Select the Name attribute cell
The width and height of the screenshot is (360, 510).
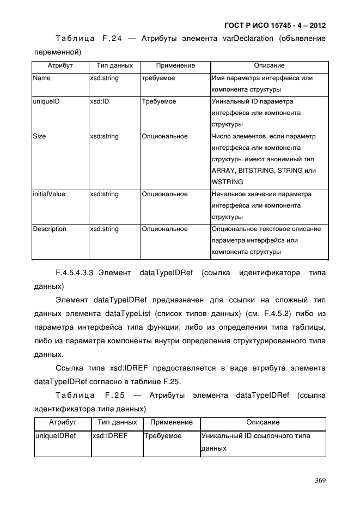pos(41,78)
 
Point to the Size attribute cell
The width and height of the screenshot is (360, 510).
pos(39,136)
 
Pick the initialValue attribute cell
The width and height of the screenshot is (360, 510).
pos(49,194)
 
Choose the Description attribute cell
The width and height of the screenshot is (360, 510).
pos(50,229)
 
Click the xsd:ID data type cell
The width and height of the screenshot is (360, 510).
pos(100,101)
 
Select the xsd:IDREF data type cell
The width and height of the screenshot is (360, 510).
pos(110,436)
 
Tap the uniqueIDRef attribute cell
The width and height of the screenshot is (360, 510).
pos(55,436)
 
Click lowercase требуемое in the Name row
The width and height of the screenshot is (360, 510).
pos(159,78)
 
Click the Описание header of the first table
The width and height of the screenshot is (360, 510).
pos(269,65)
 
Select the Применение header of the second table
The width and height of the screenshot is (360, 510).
pos(171,422)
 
